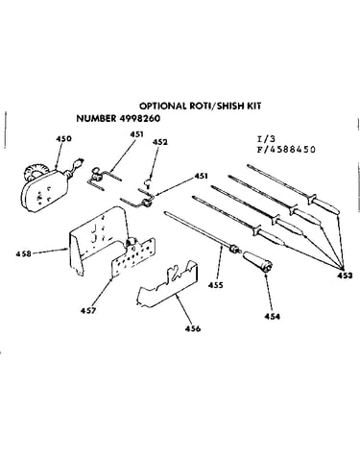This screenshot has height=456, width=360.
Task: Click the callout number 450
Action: coord(63,139)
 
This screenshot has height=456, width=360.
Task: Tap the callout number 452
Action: coord(160,142)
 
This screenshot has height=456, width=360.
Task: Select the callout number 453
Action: coord(345,276)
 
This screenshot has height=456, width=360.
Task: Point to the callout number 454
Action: coord(272,317)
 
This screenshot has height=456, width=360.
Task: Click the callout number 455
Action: coord(215,285)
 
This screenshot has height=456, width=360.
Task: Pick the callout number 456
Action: coord(193,328)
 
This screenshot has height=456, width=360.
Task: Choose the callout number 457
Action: coord(88,310)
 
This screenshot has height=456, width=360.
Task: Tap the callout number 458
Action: coord(23,253)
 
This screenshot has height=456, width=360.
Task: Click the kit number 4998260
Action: coord(140,118)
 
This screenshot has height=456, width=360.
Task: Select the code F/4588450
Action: coord(286,150)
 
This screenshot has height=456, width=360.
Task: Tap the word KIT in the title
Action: coord(252,106)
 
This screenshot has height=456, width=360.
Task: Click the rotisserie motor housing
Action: coord(44,190)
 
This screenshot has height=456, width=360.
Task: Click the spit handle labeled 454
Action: coord(257,261)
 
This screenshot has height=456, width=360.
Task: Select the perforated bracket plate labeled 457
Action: coord(132,257)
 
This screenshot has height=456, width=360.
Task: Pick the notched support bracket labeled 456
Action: coord(168,284)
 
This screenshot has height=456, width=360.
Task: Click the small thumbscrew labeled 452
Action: coord(148,182)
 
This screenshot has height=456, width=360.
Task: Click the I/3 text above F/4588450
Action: coord(266,139)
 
